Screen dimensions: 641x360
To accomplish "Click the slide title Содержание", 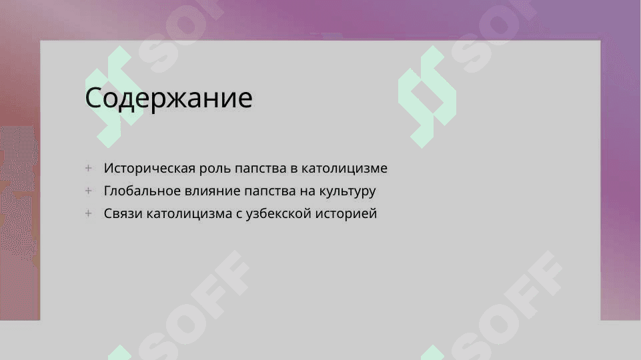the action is click(x=169, y=98).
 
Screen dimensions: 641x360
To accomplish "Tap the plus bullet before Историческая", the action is click(x=88, y=168).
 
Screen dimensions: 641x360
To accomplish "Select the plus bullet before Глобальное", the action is click(x=88, y=191).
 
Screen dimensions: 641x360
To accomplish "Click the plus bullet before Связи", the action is click(x=88, y=213).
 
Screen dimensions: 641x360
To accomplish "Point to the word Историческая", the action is click(x=149, y=168).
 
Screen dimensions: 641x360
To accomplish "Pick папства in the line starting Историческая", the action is click(x=261, y=169).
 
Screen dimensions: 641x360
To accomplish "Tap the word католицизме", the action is click(x=344, y=169).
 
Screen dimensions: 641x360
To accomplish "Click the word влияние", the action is click(x=211, y=191).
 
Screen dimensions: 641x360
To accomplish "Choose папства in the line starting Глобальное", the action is click(x=270, y=191).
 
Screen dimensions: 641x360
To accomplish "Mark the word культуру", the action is click(x=347, y=191).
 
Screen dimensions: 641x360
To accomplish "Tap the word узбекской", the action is click(x=278, y=213).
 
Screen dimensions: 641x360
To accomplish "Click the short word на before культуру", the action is click(x=307, y=191).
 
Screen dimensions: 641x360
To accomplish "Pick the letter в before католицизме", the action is click(x=294, y=169).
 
